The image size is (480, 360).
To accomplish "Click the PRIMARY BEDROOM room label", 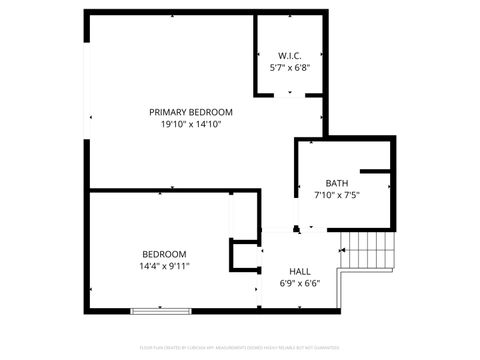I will point(191,112).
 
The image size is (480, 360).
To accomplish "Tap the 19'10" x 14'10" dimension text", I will point(191,125).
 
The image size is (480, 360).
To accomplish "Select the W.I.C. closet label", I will point(290,55).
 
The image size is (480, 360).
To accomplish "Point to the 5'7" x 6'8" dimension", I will point(290,68).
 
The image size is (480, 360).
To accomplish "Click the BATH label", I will point(337,183).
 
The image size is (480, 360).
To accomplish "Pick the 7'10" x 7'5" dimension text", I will point(337,195).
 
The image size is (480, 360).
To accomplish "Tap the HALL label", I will point(299,271).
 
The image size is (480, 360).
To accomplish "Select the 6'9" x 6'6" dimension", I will point(299,284).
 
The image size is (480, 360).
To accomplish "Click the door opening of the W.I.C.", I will point(290,95).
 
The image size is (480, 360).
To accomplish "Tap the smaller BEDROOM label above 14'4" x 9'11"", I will point(161,254).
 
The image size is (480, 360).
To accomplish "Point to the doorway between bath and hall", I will point(310,229).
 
